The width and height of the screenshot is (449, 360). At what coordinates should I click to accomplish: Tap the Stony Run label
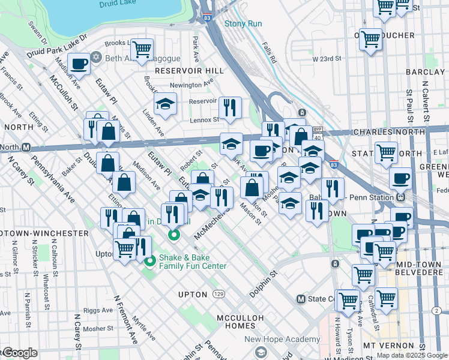coord(243,24)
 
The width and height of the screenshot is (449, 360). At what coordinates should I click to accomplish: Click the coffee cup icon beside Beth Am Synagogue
coord(79,62)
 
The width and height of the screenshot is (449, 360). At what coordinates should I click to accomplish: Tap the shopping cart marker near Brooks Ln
coord(142,49)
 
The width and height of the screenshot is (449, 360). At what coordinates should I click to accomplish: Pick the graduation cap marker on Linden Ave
coord(165,104)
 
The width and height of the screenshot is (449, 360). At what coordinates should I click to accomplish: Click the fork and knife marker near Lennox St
coord(230,108)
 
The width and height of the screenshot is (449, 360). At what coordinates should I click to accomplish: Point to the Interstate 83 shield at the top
coord(207,19)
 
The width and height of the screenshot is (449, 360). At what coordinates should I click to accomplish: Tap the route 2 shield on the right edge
coord(436,310)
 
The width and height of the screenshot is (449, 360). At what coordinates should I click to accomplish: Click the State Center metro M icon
coord(301,299)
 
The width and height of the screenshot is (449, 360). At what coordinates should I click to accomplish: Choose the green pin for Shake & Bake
coord(149,260)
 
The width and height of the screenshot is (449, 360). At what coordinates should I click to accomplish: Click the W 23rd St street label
coord(327,59)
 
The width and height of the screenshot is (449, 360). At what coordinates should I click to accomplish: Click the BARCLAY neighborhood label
coord(425,72)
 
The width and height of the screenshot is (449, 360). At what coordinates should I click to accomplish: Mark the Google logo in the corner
coord(19,353)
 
